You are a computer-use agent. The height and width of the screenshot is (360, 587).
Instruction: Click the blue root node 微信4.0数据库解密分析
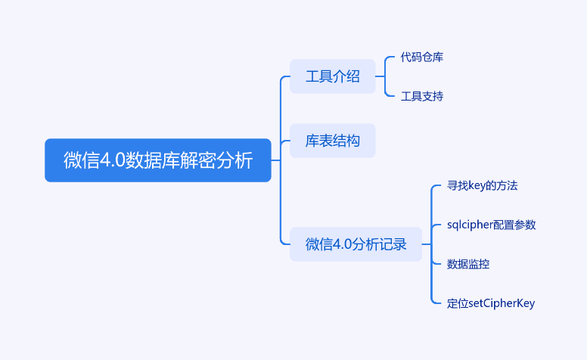point(157,160)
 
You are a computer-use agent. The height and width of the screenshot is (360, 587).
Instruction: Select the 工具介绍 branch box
point(332,76)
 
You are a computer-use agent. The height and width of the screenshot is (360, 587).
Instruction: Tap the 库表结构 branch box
point(332,141)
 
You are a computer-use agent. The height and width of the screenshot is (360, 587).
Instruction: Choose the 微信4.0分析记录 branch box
point(356,244)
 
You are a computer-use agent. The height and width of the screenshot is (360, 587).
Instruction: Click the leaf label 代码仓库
point(422,57)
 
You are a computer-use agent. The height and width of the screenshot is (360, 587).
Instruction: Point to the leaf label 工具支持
point(422,96)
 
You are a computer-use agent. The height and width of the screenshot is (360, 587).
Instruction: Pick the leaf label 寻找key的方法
point(482,185)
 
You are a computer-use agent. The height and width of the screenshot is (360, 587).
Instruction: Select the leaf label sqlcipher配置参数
point(491,225)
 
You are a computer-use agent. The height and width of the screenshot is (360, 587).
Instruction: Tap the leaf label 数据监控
point(468,264)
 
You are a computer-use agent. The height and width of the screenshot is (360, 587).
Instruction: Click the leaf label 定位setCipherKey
point(491,303)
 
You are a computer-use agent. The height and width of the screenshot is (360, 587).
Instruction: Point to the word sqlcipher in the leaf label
point(470,225)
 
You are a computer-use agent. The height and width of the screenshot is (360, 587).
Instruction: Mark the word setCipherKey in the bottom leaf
point(502,303)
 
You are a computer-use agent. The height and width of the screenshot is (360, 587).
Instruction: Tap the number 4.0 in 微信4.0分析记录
point(342,244)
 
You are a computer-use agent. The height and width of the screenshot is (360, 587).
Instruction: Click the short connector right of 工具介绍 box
point(380,76)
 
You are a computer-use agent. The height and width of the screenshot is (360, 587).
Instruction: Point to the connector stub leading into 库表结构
point(285,141)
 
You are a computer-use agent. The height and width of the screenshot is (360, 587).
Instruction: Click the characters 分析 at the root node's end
point(234,160)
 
